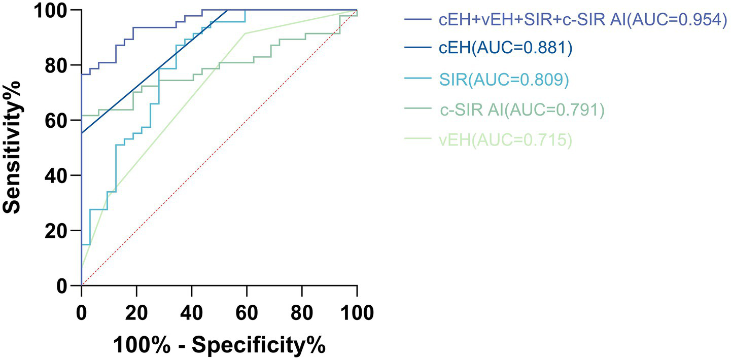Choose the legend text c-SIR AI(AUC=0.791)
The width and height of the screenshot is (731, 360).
pyautogui.click(x=521, y=110)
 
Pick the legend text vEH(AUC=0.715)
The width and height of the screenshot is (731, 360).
pyautogui.click(x=505, y=140)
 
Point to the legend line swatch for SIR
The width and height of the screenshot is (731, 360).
pyautogui.click(x=417, y=80)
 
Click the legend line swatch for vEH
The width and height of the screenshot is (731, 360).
pyautogui.click(x=417, y=140)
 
